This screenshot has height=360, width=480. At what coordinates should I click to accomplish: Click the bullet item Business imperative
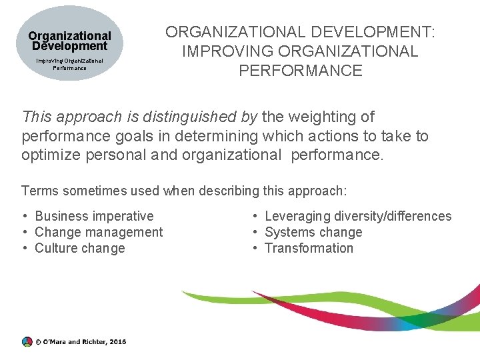tap(94, 216)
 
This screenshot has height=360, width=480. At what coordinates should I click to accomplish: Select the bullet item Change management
tap(99, 232)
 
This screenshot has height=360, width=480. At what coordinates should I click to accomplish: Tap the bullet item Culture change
tap(80, 248)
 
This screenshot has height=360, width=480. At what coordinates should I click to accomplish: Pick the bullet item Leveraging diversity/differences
tap(358, 216)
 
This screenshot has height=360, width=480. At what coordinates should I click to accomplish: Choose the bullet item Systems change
tap(313, 232)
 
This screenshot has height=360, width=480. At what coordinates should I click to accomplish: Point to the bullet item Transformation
tap(309, 248)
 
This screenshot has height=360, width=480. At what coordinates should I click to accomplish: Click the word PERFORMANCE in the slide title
tap(300, 71)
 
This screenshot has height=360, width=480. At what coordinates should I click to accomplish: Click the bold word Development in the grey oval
tap(69, 47)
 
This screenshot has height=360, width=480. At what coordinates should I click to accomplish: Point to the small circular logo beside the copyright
tap(27, 341)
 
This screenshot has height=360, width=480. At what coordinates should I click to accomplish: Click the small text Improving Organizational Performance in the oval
tap(69, 64)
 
